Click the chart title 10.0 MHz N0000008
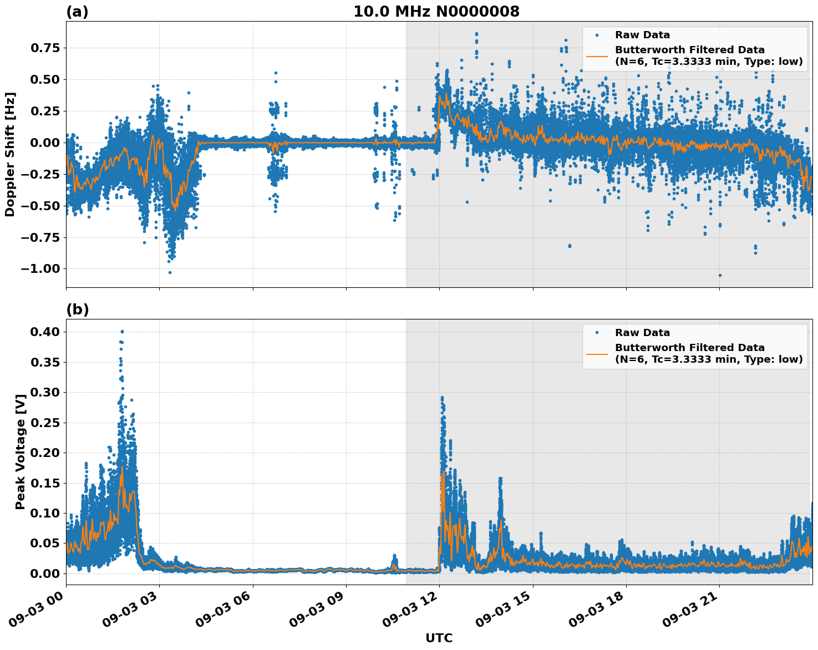pos(436,12)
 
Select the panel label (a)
pos(77,12)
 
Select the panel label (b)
pos(77,309)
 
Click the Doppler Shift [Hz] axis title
pos(10,154)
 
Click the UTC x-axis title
pos(439,638)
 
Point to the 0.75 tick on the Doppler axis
pos(44,48)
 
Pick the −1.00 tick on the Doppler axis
pos(41,269)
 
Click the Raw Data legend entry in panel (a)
pos(642,35)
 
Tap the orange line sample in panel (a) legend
pos(597,55)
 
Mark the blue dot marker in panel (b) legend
pos(597,333)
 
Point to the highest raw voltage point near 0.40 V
pos(122,332)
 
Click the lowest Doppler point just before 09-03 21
pos(720,275)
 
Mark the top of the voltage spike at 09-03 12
pos(442,398)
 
